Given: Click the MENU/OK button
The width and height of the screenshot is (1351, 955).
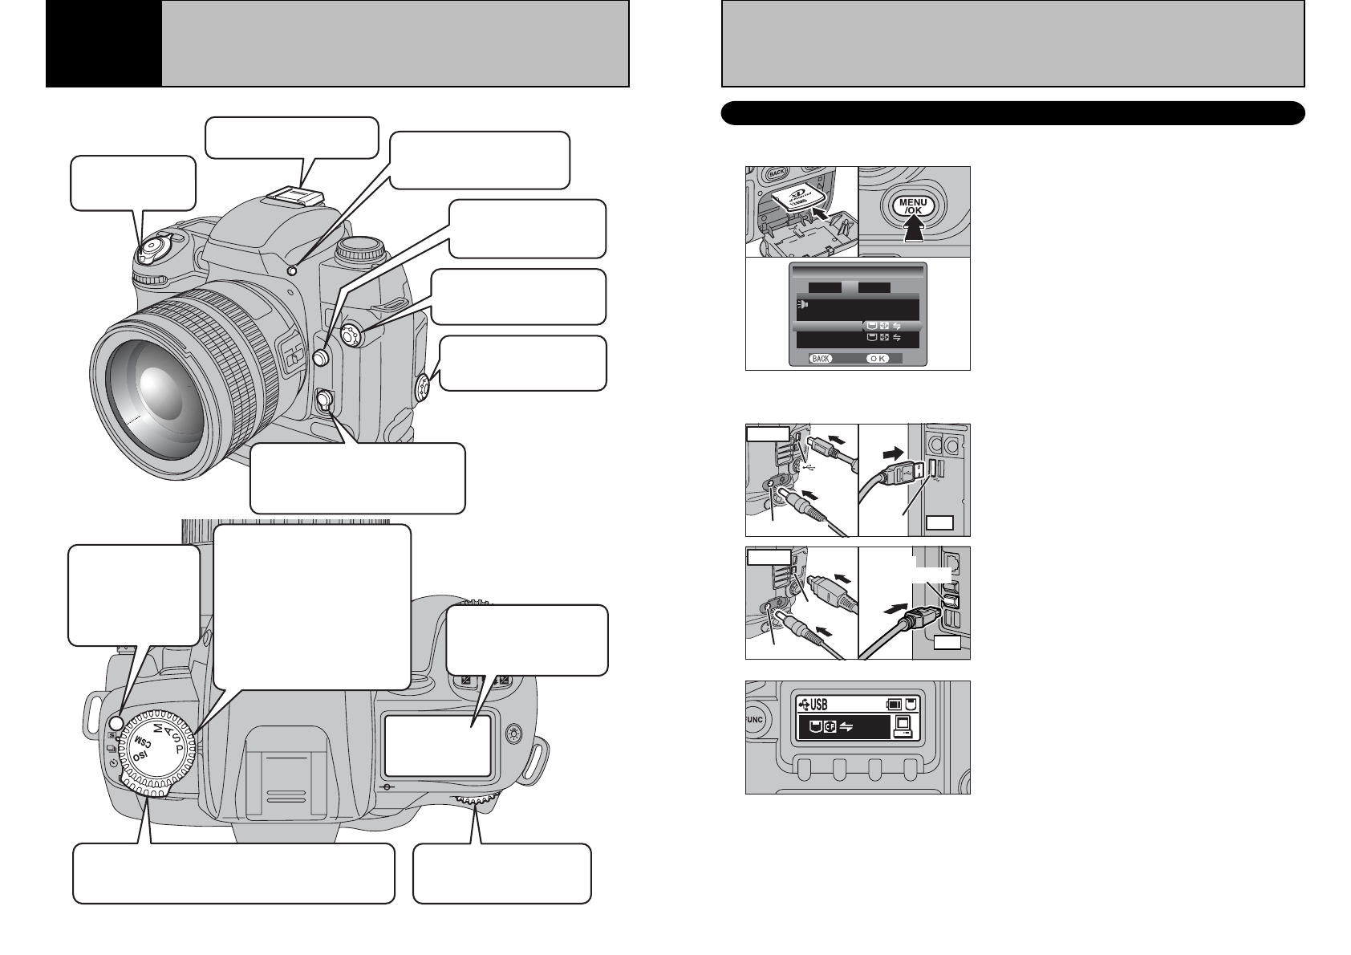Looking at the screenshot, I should click(914, 207).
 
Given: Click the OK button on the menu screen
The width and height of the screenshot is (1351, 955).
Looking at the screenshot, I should click(877, 359).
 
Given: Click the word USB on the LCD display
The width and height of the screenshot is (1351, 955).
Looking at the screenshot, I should click(818, 705).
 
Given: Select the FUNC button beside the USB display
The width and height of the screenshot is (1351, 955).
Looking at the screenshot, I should click(754, 720).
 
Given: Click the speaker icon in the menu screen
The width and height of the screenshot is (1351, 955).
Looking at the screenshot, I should click(803, 305).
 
